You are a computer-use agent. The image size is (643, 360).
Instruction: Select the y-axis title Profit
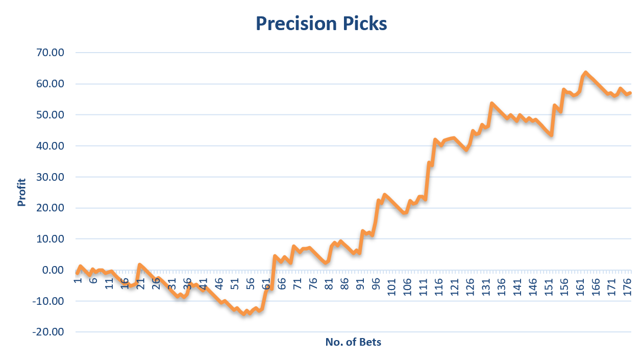pos(21,193)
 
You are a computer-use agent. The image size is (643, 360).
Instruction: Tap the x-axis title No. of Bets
pos(353,342)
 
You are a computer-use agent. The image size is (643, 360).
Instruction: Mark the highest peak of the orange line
pos(585,73)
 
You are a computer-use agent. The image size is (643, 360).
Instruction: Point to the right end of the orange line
pos(631,93)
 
